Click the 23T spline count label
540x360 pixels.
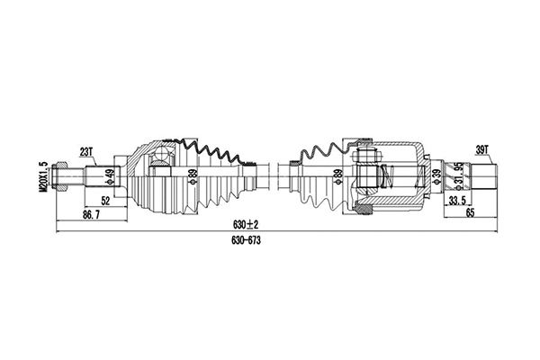click(x=86, y=152)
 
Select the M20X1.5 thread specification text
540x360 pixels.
click(x=42, y=176)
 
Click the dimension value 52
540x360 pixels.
click(x=106, y=202)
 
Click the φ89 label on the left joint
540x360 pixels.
click(x=191, y=176)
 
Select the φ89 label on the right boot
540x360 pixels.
click(x=337, y=176)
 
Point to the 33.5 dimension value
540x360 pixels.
click(x=458, y=202)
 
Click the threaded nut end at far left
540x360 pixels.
click(x=63, y=175)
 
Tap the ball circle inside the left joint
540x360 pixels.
click(x=161, y=160)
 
